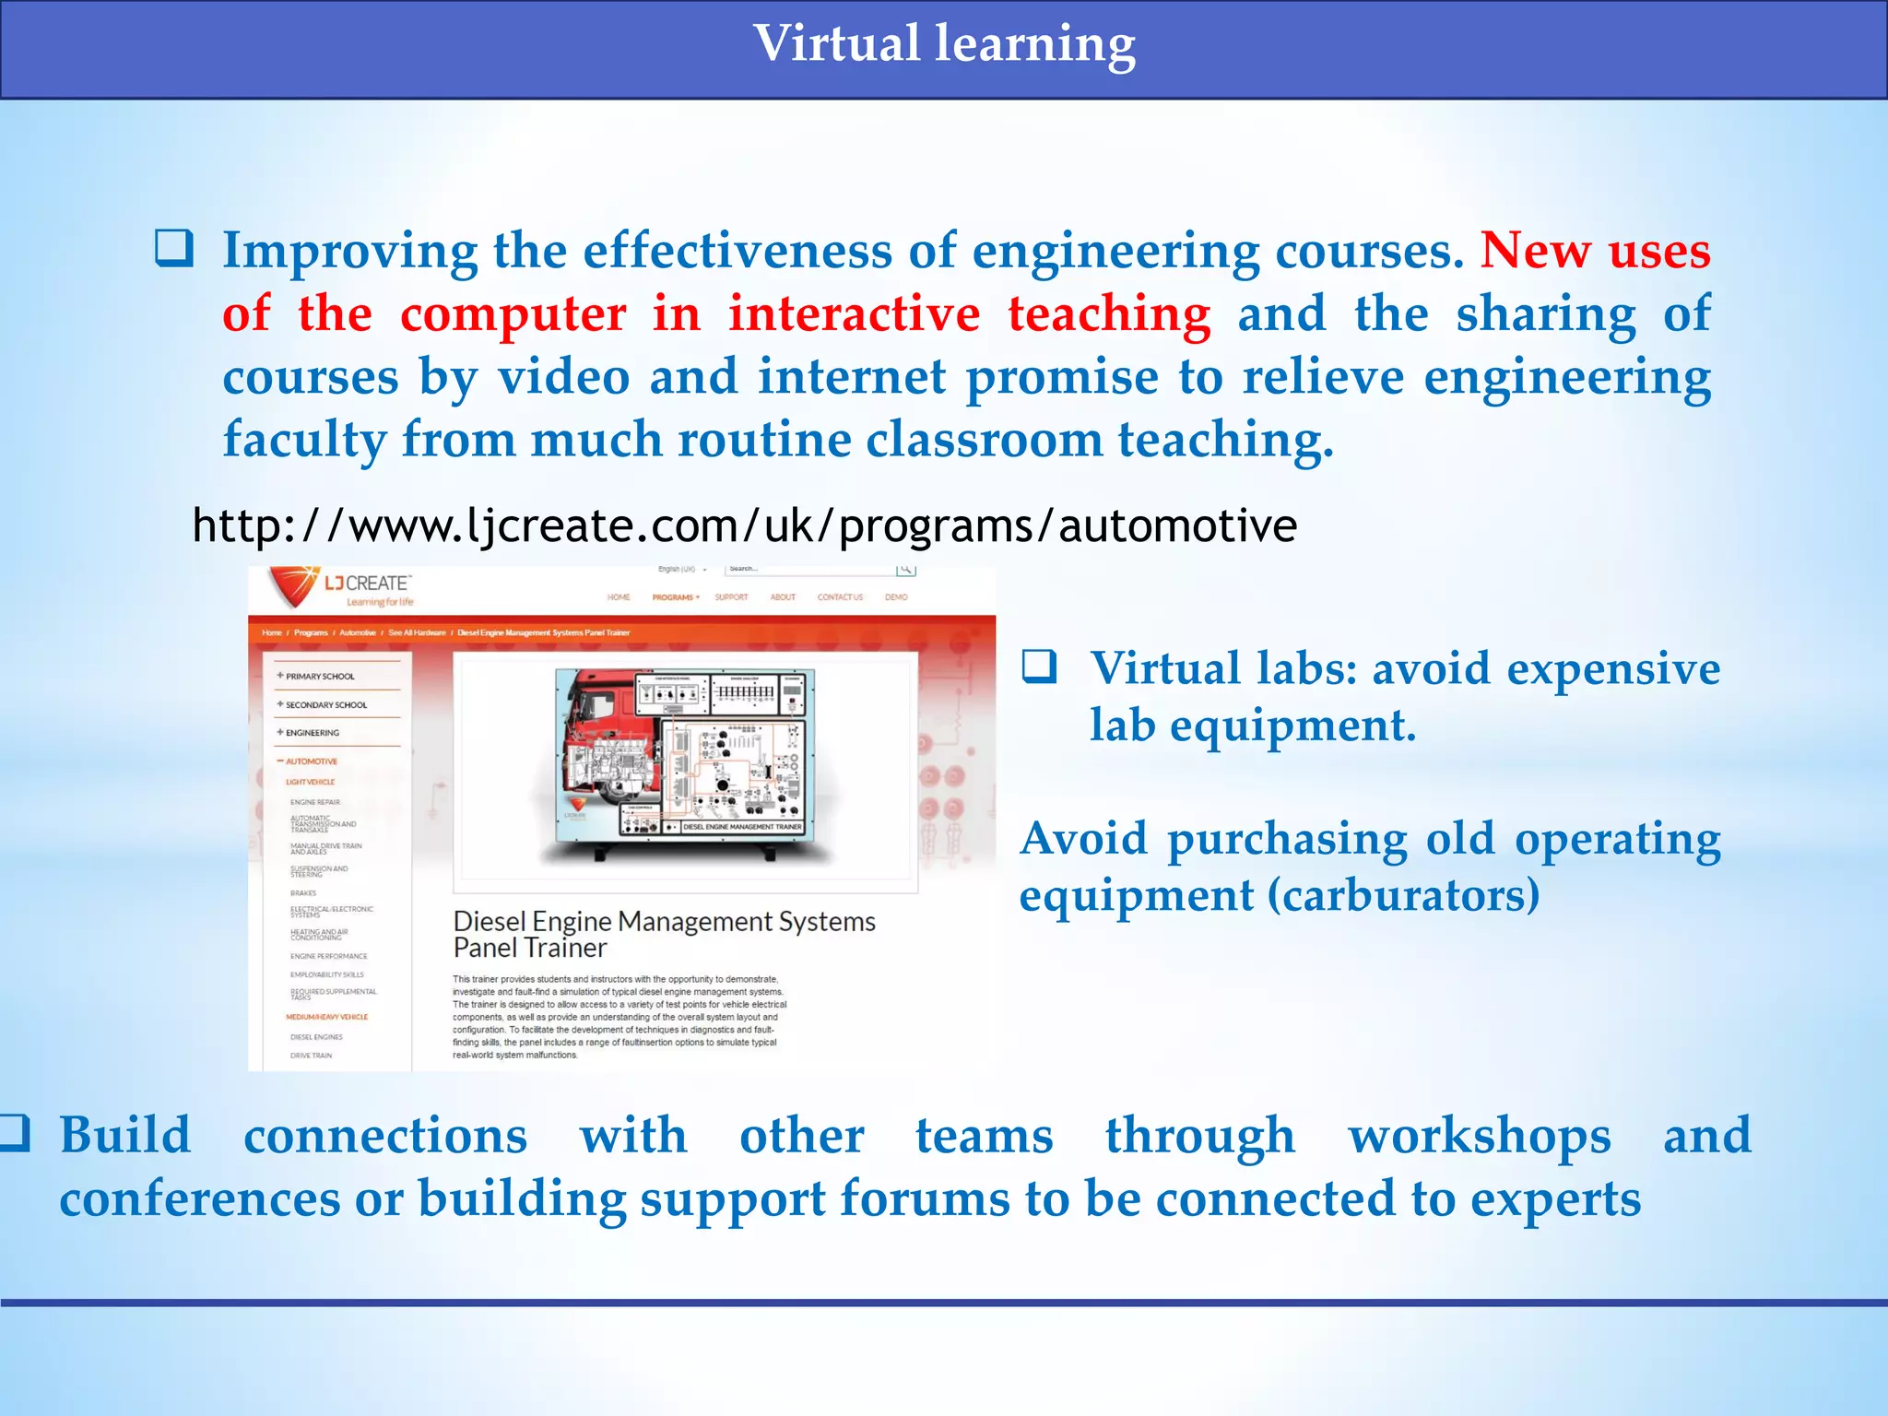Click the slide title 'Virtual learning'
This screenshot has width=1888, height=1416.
click(x=944, y=44)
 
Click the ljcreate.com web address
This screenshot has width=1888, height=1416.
click(x=744, y=526)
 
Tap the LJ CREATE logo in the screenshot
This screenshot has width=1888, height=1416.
click(x=341, y=587)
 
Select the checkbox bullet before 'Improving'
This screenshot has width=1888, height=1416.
click(x=173, y=248)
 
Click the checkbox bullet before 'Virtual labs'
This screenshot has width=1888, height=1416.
click(x=1039, y=667)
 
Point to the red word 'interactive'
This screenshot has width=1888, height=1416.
click(x=854, y=313)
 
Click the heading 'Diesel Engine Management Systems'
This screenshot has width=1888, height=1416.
click(x=664, y=921)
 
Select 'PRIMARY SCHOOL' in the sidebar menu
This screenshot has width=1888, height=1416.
click(x=319, y=677)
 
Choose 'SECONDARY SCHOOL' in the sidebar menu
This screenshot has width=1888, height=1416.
click(x=325, y=705)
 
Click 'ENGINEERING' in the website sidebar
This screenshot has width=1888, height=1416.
click(x=312, y=733)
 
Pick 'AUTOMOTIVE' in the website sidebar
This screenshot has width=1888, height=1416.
click(x=311, y=761)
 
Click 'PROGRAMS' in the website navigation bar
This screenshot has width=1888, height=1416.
click(x=674, y=597)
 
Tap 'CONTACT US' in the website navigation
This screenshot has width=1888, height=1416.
click(x=840, y=597)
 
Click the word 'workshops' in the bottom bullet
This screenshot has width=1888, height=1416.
click(x=1479, y=1135)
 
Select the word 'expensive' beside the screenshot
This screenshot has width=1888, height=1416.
click(x=1612, y=668)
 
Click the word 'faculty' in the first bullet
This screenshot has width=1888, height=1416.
click(x=304, y=439)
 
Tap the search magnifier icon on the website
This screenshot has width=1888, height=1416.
click(x=905, y=571)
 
